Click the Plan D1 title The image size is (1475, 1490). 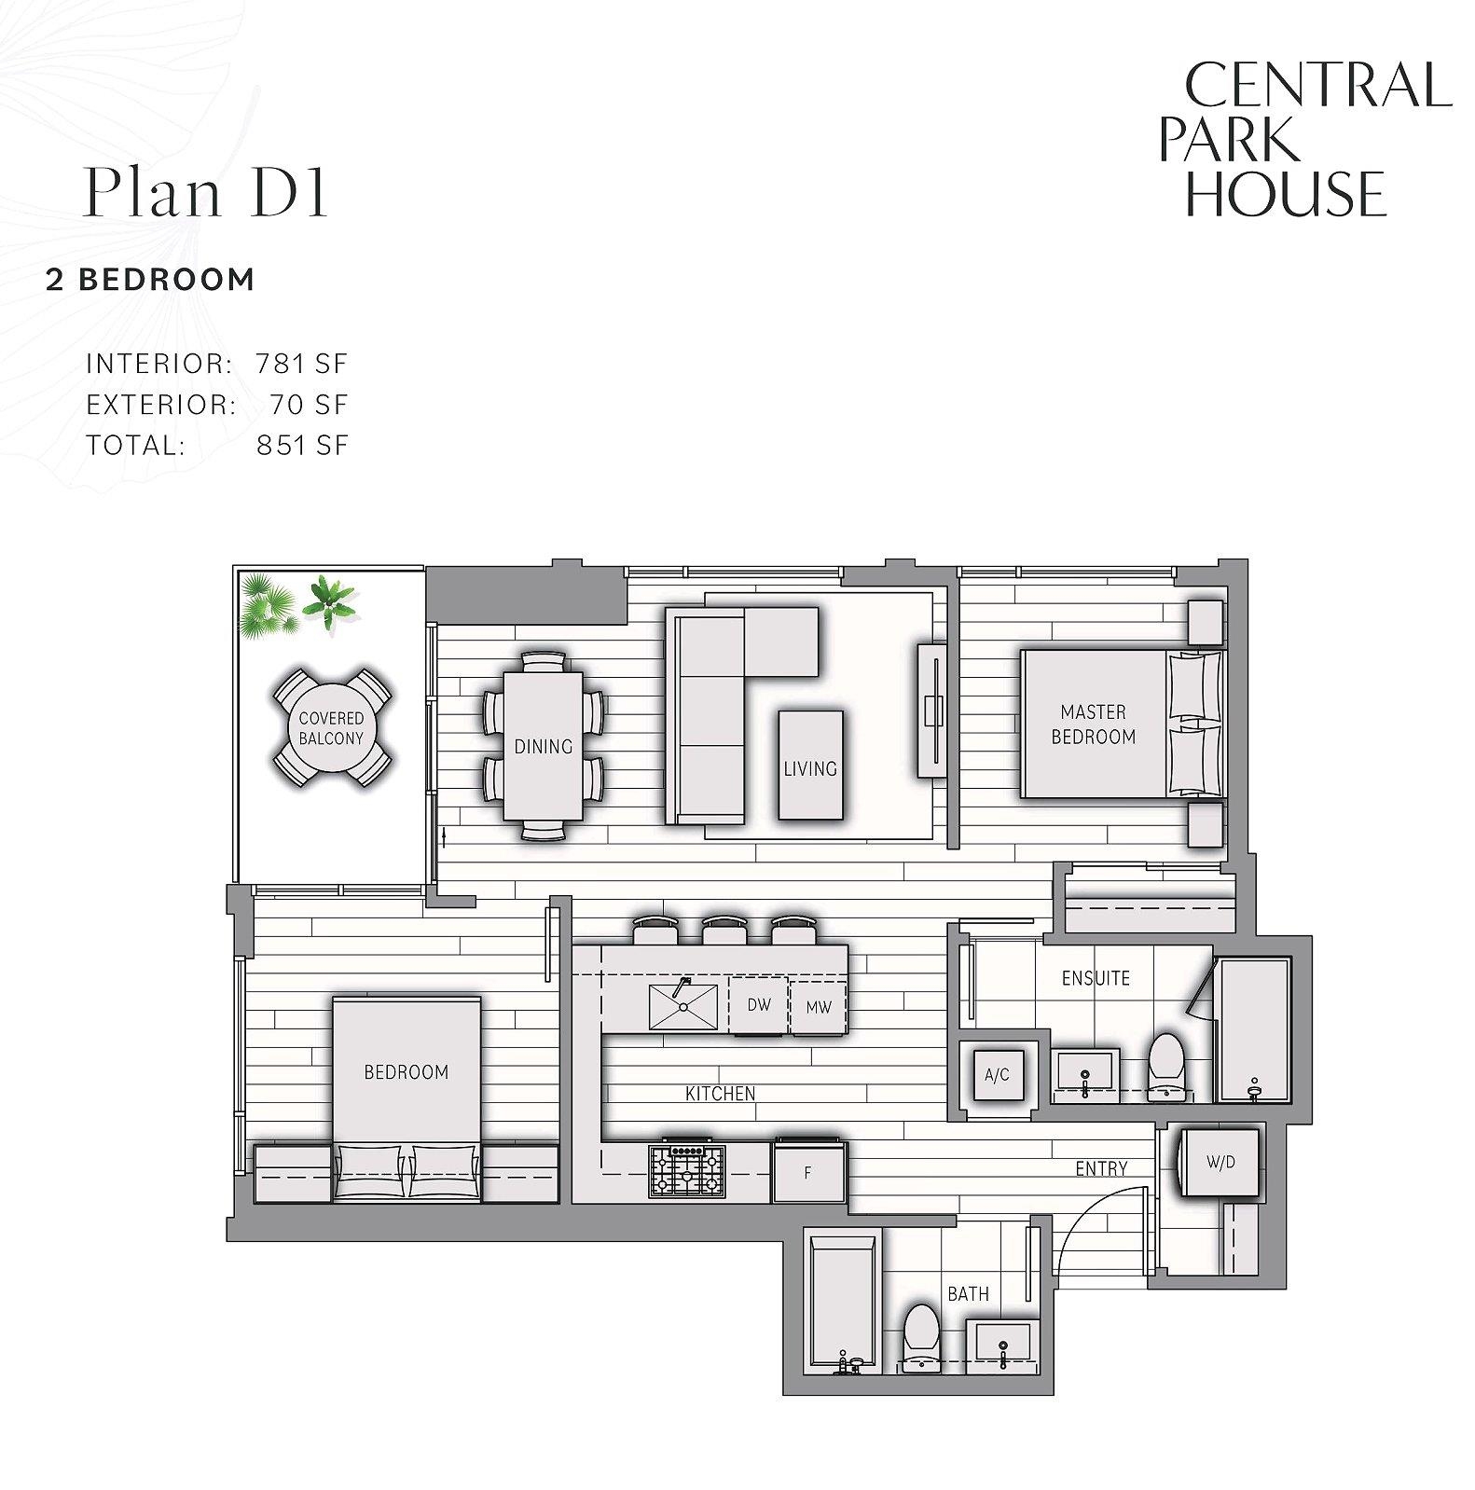pyautogui.click(x=206, y=192)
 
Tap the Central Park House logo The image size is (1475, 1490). pyautogui.click(x=1304, y=139)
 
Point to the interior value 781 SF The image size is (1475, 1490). pyautogui.click(x=301, y=363)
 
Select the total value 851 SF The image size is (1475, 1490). pyautogui.click(x=301, y=445)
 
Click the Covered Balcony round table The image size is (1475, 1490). pyautogui.click(x=331, y=728)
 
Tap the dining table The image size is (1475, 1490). pyautogui.click(x=543, y=746)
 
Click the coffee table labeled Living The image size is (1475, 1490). pyautogui.click(x=810, y=765)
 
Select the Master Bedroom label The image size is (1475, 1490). pyautogui.click(x=1093, y=724)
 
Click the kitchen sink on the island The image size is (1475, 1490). pyautogui.click(x=682, y=1006)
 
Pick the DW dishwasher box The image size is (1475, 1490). pyautogui.click(x=759, y=1005)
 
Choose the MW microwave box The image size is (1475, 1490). pyautogui.click(x=818, y=1007)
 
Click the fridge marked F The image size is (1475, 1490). pyautogui.click(x=808, y=1172)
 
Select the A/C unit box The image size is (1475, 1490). pyautogui.click(x=997, y=1075)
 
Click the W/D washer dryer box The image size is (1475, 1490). pyautogui.click(x=1220, y=1162)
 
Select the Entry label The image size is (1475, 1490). pyautogui.click(x=1101, y=1168)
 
